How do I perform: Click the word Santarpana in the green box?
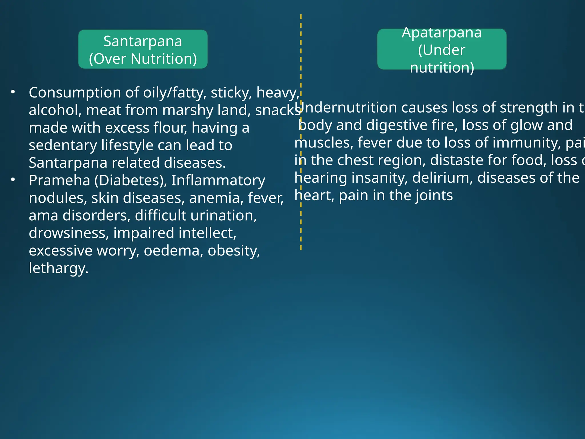coord(143,41)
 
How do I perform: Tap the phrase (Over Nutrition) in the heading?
coord(143,59)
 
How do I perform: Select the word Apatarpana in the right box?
coord(442,33)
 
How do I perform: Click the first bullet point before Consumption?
coord(13,92)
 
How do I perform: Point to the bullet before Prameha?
coord(13,180)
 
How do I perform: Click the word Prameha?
coord(59,180)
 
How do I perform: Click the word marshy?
coord(188,111)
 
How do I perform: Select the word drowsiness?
coord(69,233)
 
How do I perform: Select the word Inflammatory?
coord(218,181)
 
